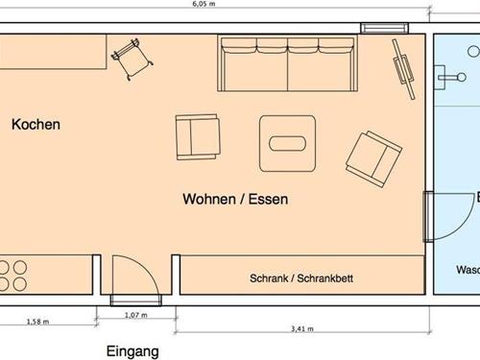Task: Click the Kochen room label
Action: [36, 125]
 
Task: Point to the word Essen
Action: [269, 200]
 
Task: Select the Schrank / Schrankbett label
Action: [301, 278]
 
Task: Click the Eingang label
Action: [132, 352]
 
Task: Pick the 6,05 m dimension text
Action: [202, 4]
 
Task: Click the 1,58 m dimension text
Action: [37, 323]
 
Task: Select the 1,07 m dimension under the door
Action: [136, 315]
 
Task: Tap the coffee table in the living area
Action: [288, 144]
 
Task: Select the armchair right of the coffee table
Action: [372, 157]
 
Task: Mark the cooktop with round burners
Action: [13, 276]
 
